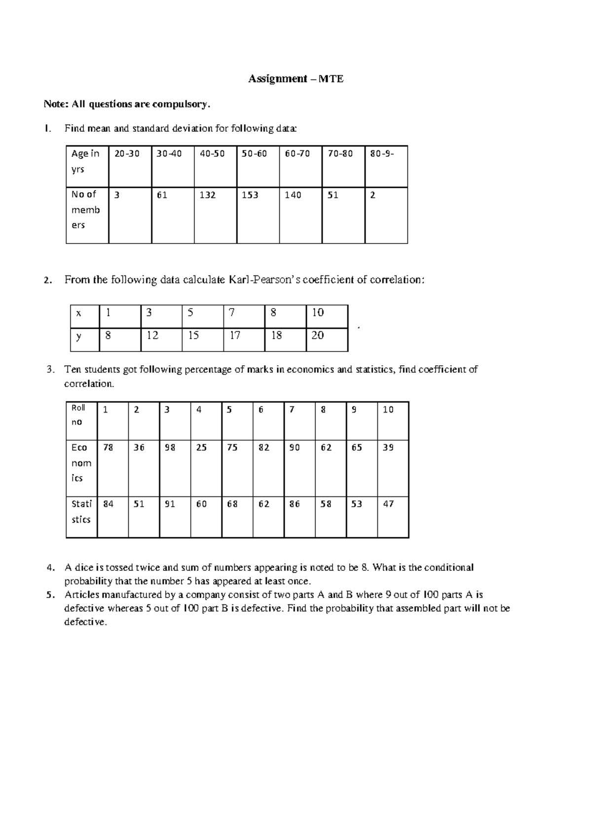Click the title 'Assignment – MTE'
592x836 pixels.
[296, 79]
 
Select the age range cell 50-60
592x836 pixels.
[254, 154]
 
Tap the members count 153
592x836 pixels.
[250, 195]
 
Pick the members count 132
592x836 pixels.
[208, 195]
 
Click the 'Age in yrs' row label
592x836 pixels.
[85, 161]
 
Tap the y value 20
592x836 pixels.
[317, 335]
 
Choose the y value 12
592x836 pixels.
[152, 335]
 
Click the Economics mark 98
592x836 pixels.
[170, 448]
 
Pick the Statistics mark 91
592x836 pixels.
[170, 504]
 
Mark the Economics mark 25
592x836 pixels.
[201, 448]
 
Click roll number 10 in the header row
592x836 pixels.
[388, 410]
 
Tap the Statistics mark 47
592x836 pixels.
[388, 504]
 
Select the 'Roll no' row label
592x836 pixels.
[78, 415]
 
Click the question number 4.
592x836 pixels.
[49, 567]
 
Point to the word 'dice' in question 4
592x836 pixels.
[84, 567]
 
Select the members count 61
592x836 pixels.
[162, 195]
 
